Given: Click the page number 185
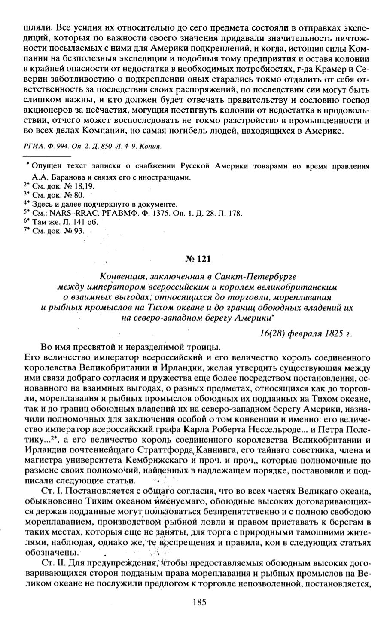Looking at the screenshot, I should [200, 602].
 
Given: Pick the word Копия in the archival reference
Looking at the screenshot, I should [150, 147].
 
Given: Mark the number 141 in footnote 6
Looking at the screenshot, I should [77, 222].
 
